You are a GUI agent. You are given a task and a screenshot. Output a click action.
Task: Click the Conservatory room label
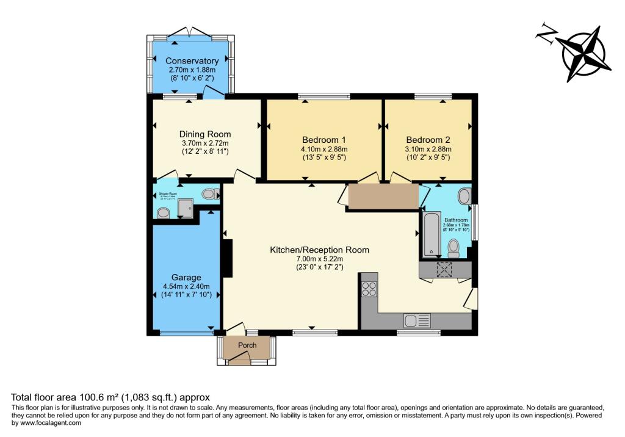(x=192, y=61)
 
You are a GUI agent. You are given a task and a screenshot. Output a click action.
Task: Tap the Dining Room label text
(x=204, y=134)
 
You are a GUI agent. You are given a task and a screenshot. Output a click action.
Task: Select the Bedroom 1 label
(x=323, y=139)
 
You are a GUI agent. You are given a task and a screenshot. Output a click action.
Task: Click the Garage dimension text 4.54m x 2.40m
(x=186, y=287)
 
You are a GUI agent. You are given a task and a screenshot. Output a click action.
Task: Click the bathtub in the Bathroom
(x=430, y=233)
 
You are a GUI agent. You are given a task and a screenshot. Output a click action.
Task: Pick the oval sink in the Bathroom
(x=464, y=197)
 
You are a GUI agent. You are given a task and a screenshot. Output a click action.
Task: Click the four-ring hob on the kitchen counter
(x=369, y=287)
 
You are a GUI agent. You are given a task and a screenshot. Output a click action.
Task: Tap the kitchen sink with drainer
(x=415, y=320)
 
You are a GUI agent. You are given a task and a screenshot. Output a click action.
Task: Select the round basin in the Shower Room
(x=163, y=213)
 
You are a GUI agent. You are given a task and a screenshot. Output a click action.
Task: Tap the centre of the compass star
(x=587, y=54)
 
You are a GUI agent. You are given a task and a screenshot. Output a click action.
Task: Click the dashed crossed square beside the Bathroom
(x=444, y=270)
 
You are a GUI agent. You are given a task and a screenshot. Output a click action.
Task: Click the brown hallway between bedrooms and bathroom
(x=383, y=197)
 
